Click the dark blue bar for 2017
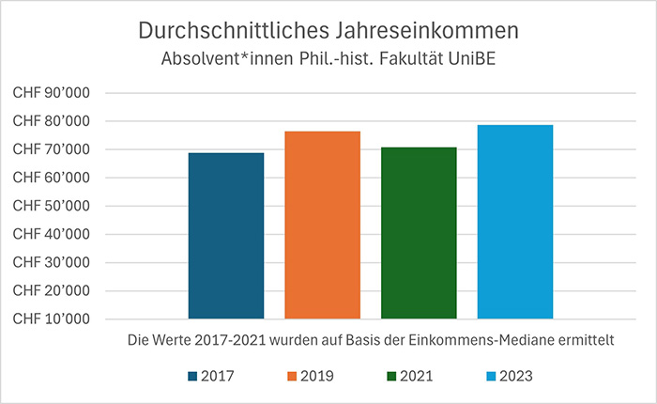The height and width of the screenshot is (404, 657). coord(225,236)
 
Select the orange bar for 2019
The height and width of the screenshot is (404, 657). coord(322,225)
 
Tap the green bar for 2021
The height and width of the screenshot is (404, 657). coord(419,233)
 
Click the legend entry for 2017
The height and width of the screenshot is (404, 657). coord(211,377)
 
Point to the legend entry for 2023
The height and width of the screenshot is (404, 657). coord(509,377)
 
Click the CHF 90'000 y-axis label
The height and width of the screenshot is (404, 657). coord(57,93)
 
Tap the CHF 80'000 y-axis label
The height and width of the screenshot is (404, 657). coord(57,121)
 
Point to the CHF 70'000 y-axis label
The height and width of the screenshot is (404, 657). coord(57,149)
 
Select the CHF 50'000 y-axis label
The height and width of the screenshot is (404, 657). coord(57,206)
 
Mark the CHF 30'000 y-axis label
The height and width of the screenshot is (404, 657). coord(57,262)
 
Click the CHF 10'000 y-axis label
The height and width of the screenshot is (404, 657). coord(57,319)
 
